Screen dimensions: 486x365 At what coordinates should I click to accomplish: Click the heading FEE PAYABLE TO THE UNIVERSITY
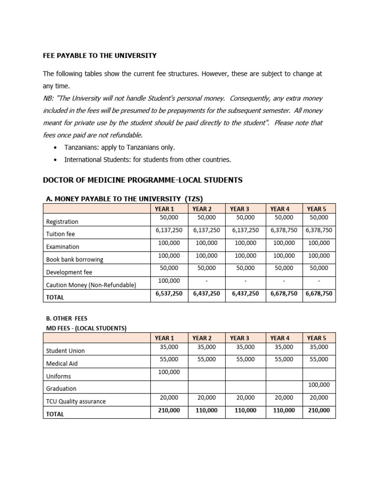click(x=100, y=56)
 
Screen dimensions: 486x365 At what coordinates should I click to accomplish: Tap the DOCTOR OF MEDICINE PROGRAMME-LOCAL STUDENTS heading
click(x=143, y=180)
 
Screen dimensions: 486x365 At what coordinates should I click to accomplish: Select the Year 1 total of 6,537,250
click(x=169, y=294)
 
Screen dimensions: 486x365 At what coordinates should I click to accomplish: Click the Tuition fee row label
click(x=60, y=234)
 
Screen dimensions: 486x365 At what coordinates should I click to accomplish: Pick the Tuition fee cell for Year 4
click(x=284, y=230)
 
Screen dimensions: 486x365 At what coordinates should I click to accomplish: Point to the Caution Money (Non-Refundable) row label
click(x=91, y=285)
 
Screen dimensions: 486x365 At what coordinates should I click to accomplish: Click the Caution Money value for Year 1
click(x=169, y=281)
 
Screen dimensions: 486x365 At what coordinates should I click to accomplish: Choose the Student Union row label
click(x=65, y=351)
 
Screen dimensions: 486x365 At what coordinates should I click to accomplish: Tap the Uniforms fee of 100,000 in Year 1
click(x=169, y=372)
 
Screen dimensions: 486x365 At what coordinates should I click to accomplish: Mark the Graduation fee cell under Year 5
click(x=318, y=385)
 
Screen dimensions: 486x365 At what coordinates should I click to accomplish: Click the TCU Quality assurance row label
click(x=76, y=402)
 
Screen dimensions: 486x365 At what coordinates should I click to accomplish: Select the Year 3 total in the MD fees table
click(x=245, y=411)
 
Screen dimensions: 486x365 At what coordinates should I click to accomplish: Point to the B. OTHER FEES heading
click(x=67, y=318)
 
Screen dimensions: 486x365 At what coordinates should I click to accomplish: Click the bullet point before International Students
click(x=56, y=160)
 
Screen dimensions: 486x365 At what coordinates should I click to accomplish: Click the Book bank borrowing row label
click(x=75, y=260)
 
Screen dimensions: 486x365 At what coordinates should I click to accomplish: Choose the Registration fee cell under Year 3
click(x=245, y=218)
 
